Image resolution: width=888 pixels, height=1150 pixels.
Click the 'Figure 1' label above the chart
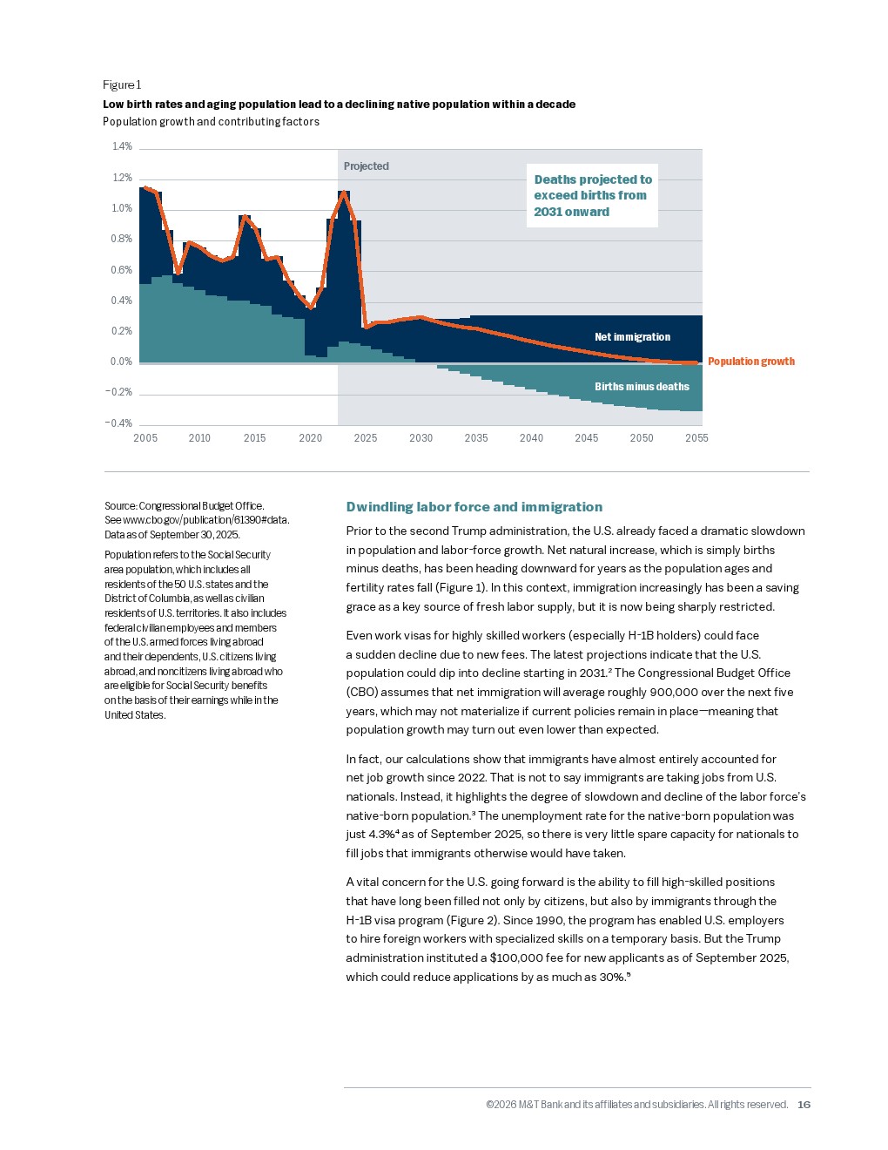pos(122,85)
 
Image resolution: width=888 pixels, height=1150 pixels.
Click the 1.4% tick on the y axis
pos(122,146)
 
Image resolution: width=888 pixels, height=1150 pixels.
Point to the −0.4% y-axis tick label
pos(119,423)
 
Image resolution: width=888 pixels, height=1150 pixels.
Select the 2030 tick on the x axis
pos(420,438)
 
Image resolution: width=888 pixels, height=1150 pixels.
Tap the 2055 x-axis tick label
pos(696,438)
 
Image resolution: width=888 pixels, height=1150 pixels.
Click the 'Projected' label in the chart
pos(366,166)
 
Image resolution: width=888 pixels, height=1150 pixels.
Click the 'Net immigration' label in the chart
pos(632,337)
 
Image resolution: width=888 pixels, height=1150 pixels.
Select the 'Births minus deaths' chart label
pos(642,387)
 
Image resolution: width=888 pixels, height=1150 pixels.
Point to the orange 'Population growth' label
pos(750,362)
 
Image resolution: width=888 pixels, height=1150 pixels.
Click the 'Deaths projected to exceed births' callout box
pos(592,196)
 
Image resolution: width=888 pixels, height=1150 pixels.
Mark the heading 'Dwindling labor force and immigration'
pos(474,507)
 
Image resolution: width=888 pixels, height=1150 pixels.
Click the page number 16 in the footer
pos(804,1105)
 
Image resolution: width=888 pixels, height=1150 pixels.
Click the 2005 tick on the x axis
pos(145,438)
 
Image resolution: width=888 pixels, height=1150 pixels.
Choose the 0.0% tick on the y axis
pos(121,362)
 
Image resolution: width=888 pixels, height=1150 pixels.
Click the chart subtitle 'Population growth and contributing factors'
pos(211,122)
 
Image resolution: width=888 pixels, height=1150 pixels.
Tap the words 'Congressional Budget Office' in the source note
pos(201,506)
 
